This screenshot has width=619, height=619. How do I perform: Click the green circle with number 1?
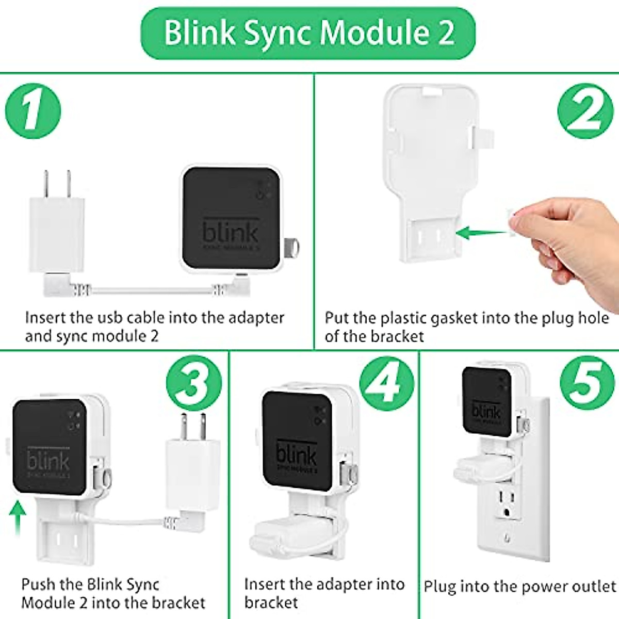(33, 111)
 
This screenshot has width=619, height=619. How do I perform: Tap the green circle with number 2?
(585, 111)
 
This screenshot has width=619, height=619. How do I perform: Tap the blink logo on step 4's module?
(296, 454)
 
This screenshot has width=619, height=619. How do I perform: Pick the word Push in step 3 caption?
(38, 584)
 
